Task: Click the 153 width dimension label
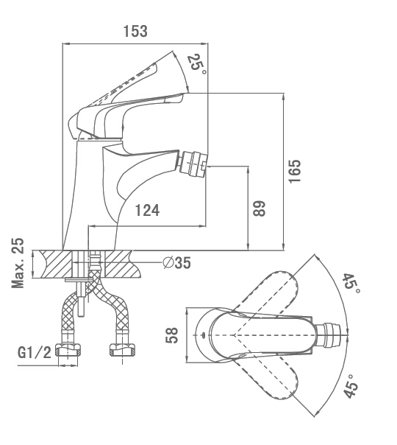point(135,31)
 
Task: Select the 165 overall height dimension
point(295,172)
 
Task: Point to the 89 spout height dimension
point(259,209)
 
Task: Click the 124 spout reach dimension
point(147,210)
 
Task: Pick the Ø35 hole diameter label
point(177,262)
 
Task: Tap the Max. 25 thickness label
point(18,263)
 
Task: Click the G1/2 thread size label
point(35,353)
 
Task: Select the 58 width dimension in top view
point(171,335)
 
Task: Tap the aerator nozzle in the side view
point(194,163)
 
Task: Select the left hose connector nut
point(68,350)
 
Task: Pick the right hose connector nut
point(122,350)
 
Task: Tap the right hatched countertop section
point(123,264)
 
